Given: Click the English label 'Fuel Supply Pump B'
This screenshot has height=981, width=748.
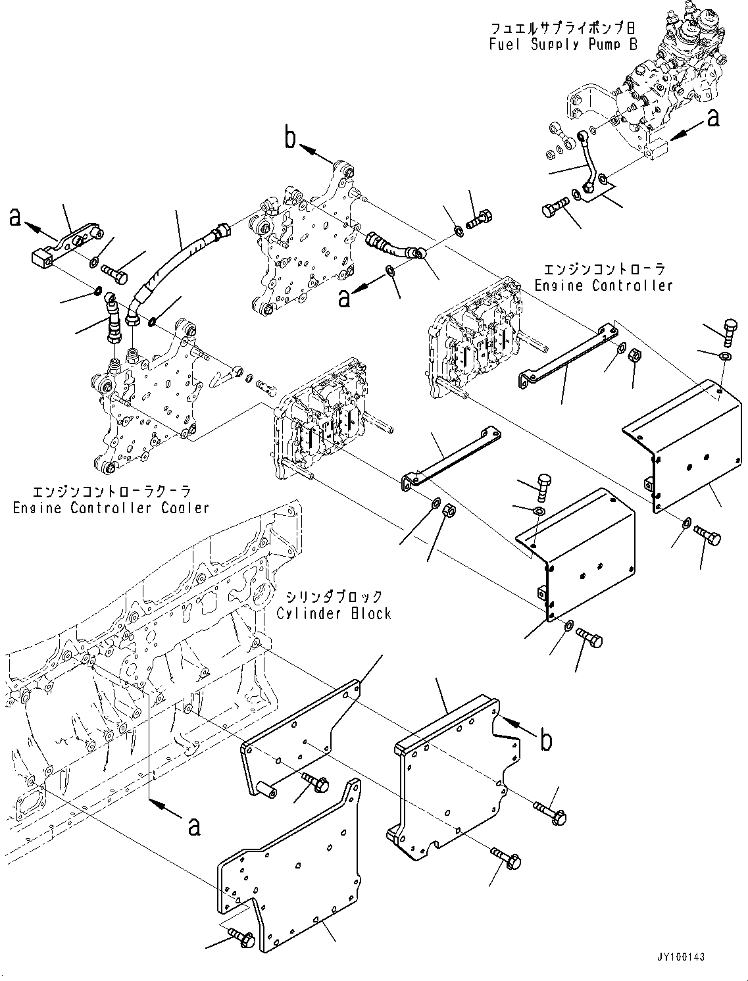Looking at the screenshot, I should click(562, 45).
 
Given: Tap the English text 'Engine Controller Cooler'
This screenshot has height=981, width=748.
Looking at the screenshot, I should click(111, 508).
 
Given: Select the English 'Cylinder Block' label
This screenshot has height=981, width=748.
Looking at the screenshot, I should click(334, 613).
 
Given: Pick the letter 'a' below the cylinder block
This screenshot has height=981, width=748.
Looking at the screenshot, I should click(193, 825).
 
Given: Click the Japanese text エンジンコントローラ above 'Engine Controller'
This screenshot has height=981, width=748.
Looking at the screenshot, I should click(603, 270).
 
